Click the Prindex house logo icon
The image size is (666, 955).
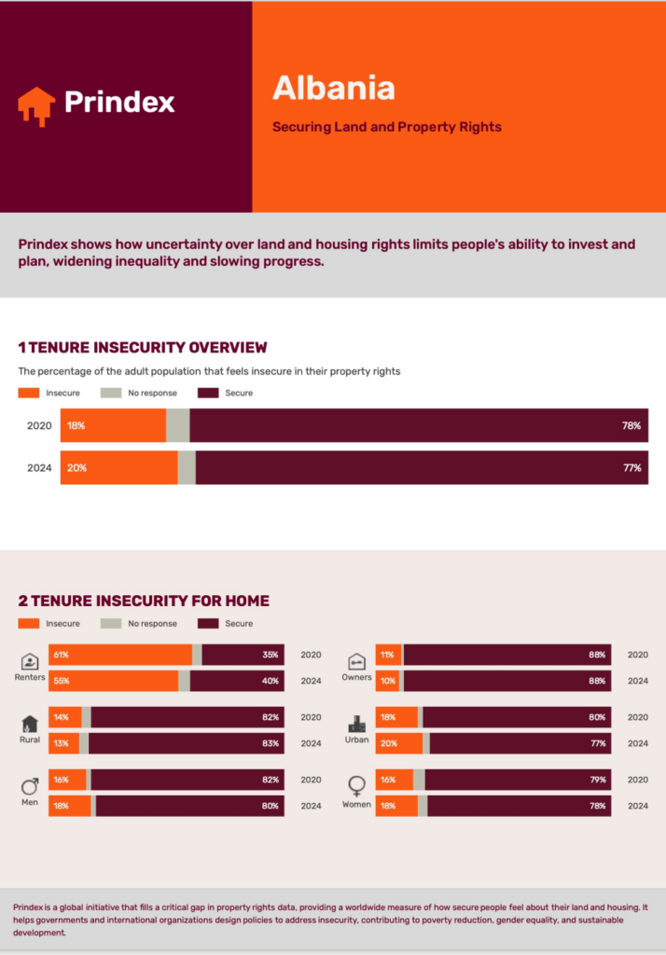(36, 105)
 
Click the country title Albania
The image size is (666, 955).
(333, 88)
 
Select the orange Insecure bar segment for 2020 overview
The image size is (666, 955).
(113, 425)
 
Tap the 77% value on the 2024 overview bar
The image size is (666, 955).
(631, 468)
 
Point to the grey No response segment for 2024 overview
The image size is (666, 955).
(187, 468)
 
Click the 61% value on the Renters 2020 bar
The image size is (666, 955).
(62, 655)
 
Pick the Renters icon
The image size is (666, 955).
(30, 661)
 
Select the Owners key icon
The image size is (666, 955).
(356, 661)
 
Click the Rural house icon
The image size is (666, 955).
(30, 724)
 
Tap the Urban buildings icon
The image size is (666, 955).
(356, 724)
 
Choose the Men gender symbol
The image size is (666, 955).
(30, 785)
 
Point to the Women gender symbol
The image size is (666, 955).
(356, 786)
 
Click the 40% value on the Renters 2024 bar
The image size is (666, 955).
(271, 681)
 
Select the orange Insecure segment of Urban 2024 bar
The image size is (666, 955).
(398, 743)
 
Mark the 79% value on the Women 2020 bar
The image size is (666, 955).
(597, 780)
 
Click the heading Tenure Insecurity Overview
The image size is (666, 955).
(142, 348)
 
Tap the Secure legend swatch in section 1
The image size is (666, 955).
(208, 393)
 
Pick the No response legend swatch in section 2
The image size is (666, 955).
(111, 623)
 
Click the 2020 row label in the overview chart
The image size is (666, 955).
(39, 425)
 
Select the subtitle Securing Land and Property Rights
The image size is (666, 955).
(386, 127)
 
